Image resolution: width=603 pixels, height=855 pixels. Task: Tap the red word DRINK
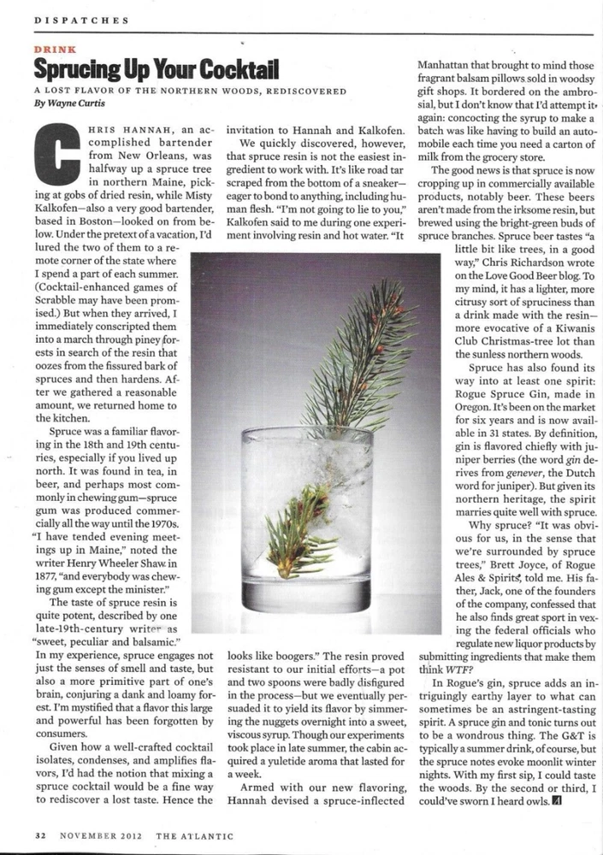(x=52, y=50)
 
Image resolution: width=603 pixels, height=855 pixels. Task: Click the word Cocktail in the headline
(x=231, y=69)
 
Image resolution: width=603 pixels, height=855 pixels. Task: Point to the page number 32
(x=41, y=834)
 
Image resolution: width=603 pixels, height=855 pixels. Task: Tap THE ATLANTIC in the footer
(x=192, y=834)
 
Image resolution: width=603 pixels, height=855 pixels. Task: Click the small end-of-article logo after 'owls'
(x=559, y=801)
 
